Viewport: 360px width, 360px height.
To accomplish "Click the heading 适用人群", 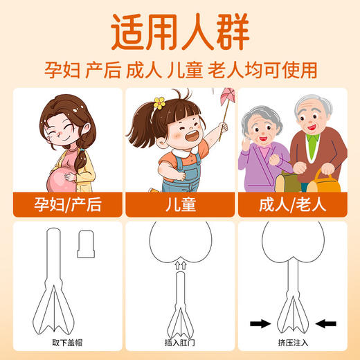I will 179,33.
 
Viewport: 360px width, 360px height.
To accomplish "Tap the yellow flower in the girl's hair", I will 159,104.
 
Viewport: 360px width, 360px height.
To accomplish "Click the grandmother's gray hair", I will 260,111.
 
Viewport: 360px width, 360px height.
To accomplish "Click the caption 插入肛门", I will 179,342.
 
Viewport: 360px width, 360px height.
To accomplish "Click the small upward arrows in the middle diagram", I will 180,264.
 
